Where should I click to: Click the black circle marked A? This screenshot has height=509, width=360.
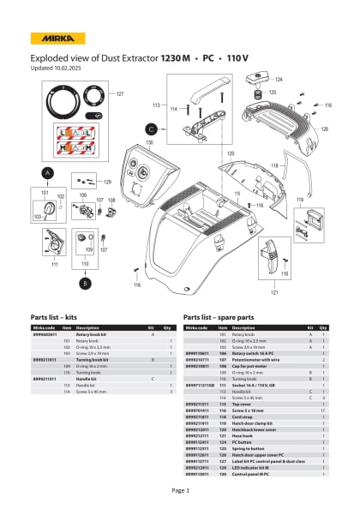coord(48,172)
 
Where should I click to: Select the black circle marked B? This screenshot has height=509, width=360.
coord(85,281)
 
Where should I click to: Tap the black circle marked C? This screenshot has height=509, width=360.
coord(151,128)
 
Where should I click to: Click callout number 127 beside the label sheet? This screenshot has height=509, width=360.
coord(120,93)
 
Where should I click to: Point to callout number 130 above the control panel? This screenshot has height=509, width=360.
coord(149,142)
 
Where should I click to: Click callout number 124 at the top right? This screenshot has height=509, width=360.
coord(279,79)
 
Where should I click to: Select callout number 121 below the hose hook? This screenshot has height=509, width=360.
coord(275,292)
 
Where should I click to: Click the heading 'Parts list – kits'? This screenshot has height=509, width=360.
coord(58,316)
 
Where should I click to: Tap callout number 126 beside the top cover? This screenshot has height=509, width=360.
coord(324,129)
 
